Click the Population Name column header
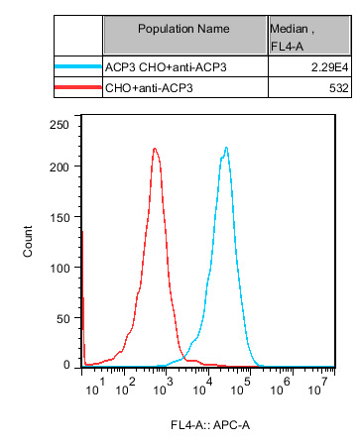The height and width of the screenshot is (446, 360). pos(185,30)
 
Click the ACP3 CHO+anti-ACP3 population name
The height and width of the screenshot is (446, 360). pos(170,65)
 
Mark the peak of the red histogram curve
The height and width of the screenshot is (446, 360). pos(156,149)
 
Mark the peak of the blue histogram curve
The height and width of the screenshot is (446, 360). pos(227,149)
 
